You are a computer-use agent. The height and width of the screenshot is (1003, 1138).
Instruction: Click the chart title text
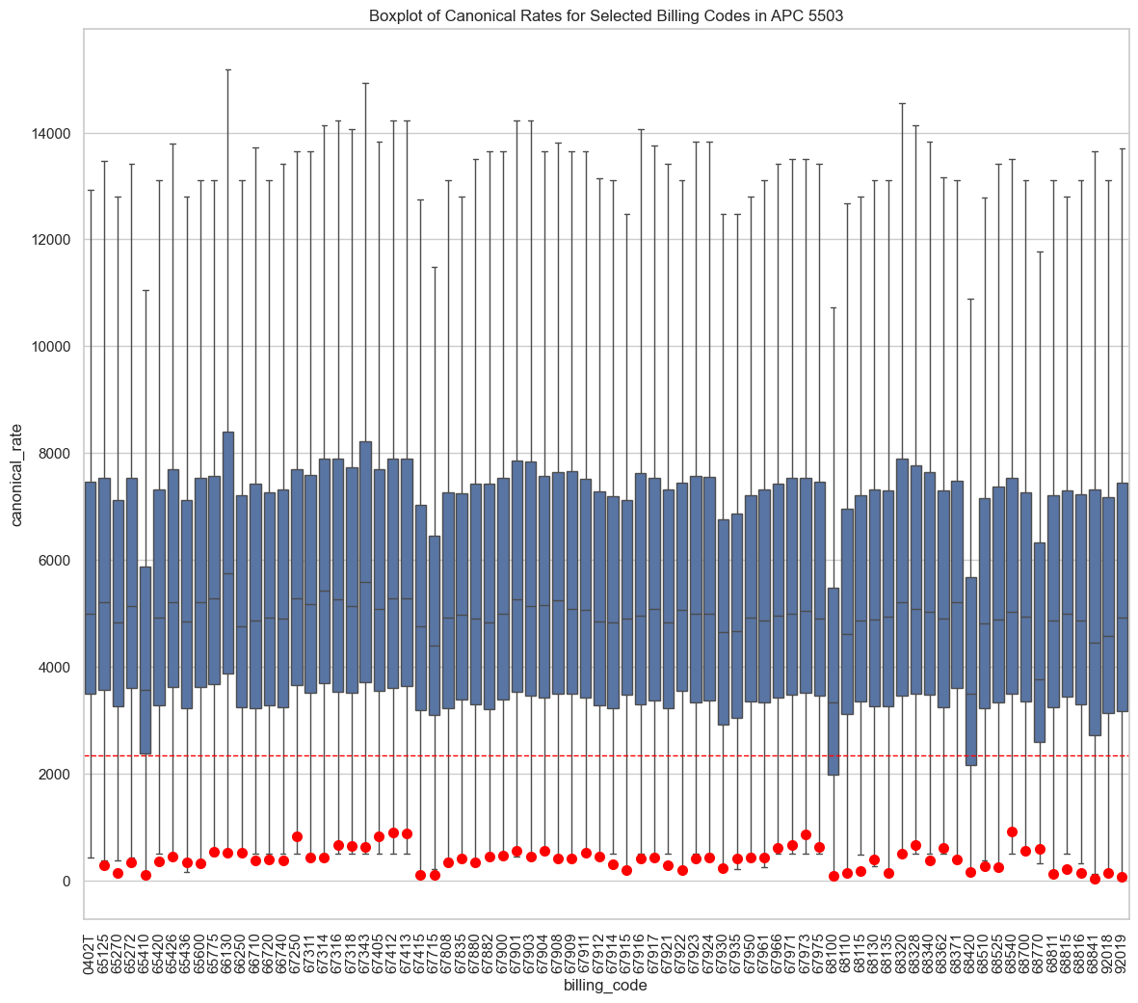coord(606,16)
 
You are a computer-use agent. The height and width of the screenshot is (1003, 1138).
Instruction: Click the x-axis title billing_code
coord(606,986)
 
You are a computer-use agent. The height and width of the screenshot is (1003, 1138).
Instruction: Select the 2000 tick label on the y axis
coord(54,775)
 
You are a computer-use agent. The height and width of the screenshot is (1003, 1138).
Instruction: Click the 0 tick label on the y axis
coord(67,882)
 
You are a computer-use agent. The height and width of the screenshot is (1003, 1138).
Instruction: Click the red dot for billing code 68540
coord(1012,831)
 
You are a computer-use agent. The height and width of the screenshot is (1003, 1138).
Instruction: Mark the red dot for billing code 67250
coord(297,836)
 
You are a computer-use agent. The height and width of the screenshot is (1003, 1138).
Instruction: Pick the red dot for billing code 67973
coord(806,834)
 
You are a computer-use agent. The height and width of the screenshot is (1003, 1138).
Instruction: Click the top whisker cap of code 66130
coord(228,69)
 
